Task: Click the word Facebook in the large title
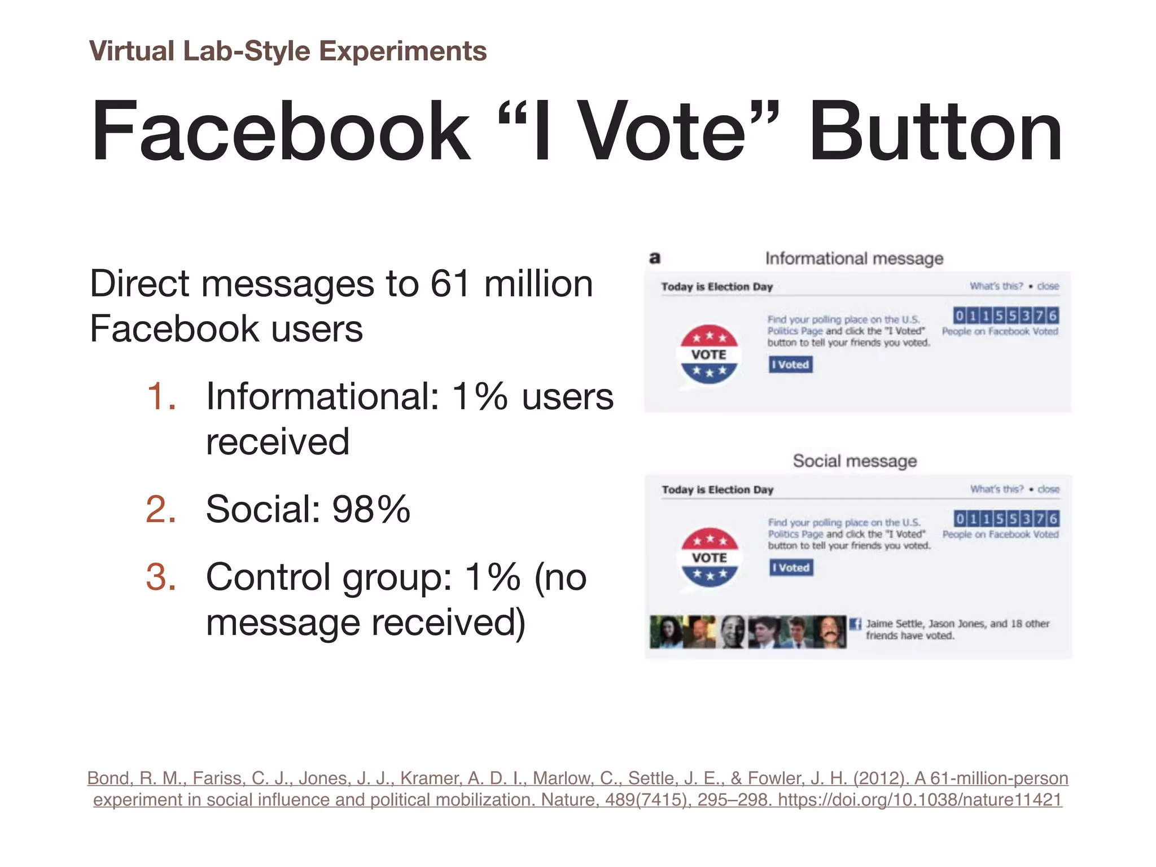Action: coord(281,131)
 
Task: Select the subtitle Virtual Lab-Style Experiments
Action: coord(288,51)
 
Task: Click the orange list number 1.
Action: coord(160,396)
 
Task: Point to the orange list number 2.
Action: coord(160,509)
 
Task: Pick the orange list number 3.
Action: coord(160,577)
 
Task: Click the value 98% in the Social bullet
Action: coord(371,509)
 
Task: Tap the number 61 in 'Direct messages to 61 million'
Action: coord(450,283)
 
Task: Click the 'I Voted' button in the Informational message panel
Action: coord(790,365)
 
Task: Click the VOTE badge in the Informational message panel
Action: coord(709,354)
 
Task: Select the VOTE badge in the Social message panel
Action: coord(710,558)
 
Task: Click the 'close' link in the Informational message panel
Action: coord(1048,286)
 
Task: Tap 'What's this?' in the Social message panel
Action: coord(996,489)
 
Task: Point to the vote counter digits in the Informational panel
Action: coord(1005,315)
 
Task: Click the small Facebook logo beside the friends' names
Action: coord(855,624)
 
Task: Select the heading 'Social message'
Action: coord(855,461)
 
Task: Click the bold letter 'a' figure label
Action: coord(655,259)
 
